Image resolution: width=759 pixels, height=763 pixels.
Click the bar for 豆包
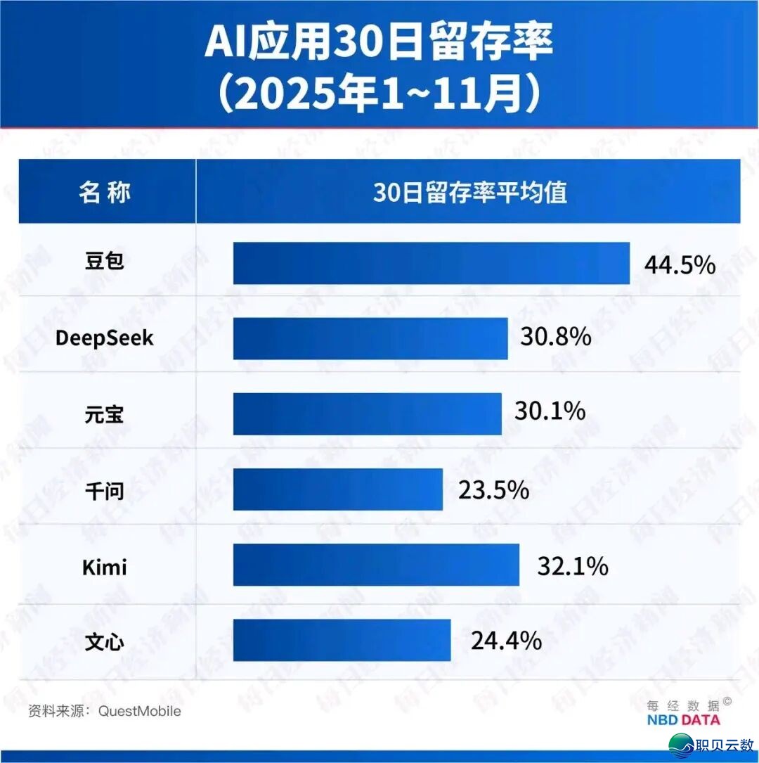431,264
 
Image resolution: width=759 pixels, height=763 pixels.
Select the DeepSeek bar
370,338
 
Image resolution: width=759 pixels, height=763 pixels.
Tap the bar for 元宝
367,413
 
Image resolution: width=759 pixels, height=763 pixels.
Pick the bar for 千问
338,489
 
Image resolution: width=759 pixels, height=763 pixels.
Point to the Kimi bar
376,565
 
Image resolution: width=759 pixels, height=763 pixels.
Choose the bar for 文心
342,640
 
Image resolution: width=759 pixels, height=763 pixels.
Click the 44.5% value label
680,265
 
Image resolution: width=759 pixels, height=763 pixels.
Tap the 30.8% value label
556,337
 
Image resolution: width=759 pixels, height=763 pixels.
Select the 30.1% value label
550,411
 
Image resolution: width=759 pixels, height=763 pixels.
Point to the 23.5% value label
493,489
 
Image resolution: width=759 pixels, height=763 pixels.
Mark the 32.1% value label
573,565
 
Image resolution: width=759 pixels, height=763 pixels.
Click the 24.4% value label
506,640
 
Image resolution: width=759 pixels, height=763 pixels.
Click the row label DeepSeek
104,339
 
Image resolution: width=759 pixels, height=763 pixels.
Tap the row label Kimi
105,566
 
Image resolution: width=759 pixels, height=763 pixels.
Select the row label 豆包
104,262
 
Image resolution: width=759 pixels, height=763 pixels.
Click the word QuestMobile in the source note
139,711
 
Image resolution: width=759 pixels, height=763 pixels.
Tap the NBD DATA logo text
683,719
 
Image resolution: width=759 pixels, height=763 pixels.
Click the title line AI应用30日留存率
379,44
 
